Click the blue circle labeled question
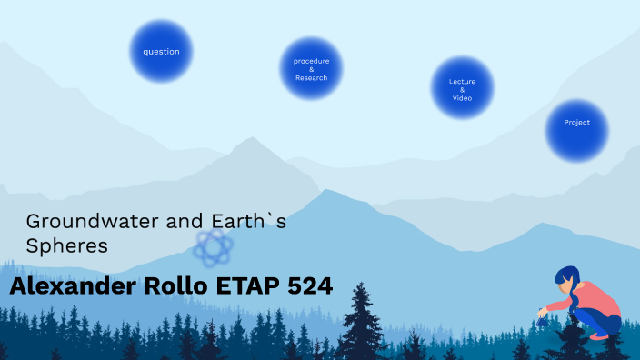click(161, 52)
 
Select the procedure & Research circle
click(311, 69)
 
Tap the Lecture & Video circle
click(462, 88)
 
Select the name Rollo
click(182, 286)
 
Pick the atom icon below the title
click(215, 245)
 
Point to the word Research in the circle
click(311, 78)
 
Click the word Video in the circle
click(462, 98)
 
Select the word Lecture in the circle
click(462, 81)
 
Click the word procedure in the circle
click(311, 60)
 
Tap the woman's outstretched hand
click(544, 311)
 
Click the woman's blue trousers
click(605, 322)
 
